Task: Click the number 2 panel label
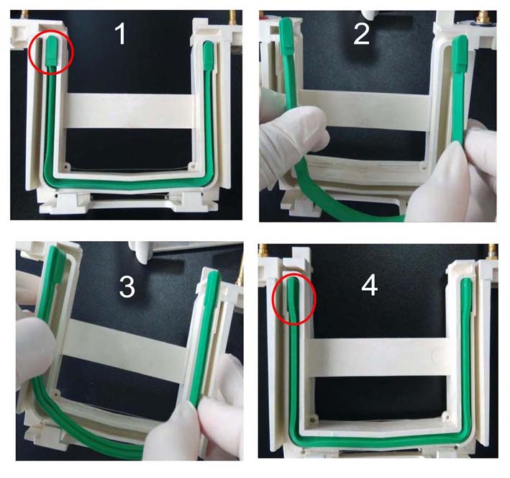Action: point(361,34)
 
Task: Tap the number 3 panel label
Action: point(127,287)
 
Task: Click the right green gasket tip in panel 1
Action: point(208,55)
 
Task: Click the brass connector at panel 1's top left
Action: point(24,14)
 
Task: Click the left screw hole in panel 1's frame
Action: point(67,167)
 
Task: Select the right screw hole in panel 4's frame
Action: point(445,415)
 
